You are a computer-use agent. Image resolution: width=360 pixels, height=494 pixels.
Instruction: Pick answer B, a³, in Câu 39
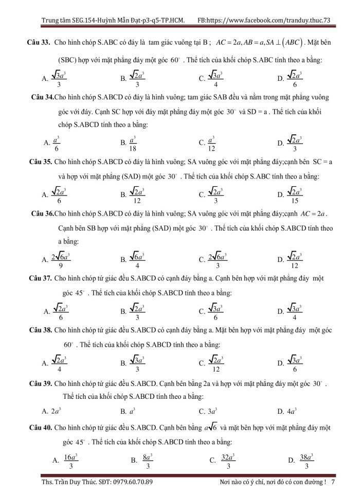tap(128, 411)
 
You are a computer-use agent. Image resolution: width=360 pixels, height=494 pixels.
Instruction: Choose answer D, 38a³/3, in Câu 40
tap(301, 461)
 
